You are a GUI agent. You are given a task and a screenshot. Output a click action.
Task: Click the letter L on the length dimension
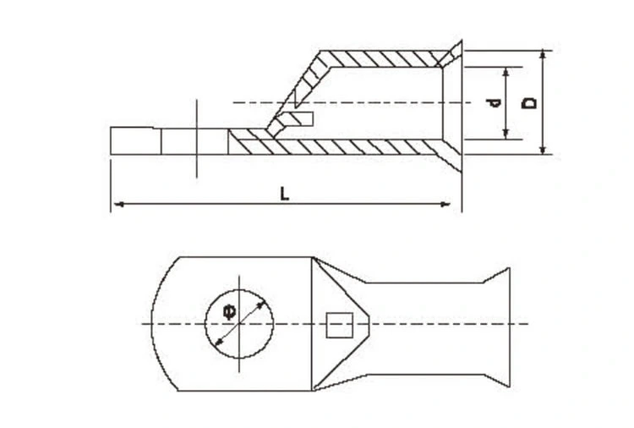[x=286, y=193]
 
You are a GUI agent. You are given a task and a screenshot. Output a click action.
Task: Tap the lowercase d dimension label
[x=494, y=102]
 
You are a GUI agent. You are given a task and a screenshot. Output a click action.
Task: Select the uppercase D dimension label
[x=530, y=102]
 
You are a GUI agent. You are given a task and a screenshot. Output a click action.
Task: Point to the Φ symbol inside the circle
[x=230, y=310]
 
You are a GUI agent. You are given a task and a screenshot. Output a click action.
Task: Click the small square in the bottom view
[x=338, y=324]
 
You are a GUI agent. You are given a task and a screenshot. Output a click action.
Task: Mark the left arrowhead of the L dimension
[x=117, y=204]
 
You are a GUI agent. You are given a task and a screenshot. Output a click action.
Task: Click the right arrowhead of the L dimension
[x=445, y=204]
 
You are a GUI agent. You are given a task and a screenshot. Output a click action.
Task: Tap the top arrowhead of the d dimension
[x=506, y=71]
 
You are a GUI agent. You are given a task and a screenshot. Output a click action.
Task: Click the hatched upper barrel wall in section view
[x=380, y=58]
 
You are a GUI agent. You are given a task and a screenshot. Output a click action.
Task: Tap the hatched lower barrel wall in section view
[x=355, y=146]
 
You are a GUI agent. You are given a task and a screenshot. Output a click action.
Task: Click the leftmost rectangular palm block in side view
[x=134, y=141]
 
